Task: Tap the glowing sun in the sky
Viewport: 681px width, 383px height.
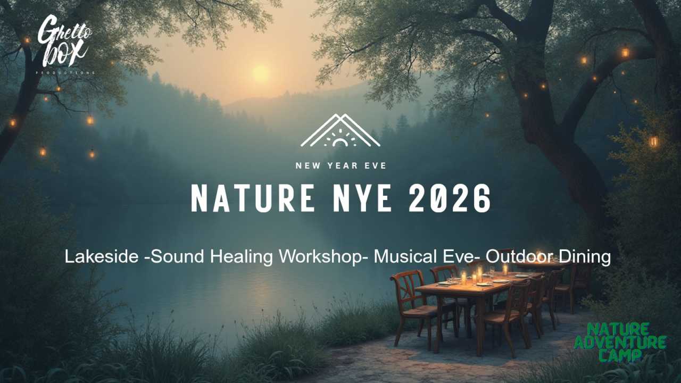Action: coord(261,73)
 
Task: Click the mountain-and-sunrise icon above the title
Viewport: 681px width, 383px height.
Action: coord(340,131)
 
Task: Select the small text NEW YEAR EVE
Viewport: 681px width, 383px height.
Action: coord(340,165)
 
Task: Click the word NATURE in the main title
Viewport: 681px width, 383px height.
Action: coord(252,199)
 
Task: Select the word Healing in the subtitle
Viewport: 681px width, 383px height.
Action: coord(242,257)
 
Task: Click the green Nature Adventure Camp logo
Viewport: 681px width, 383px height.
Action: coord(620,342)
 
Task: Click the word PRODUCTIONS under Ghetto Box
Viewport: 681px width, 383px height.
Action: coord(65,72)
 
